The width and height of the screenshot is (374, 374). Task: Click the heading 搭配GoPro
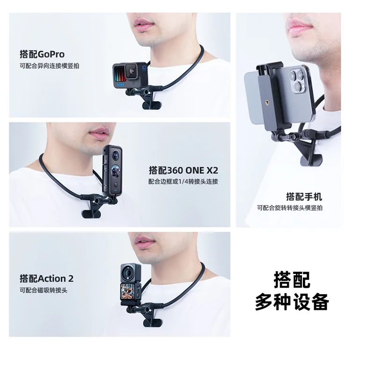pyautogui.click(x=42, y=54)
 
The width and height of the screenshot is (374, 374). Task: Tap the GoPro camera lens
pyautogui.click(x=131, y=70)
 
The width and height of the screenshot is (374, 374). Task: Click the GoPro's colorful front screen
pyautogui.click(x=120, y=74)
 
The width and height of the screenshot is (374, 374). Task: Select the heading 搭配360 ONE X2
pyautogui.click(x=183, y=170)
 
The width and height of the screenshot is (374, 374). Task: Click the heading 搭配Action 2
pyautogui.click(x=46, y=278)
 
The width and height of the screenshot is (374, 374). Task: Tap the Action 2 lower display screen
pyautogui.click(x=129, y=293)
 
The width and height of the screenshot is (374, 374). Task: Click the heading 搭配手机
pyautogui.click(x=304, y=196)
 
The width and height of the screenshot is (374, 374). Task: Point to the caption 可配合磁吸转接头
pyautogui.click(x=43, y=290)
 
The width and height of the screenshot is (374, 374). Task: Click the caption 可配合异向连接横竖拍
pyautogui.click(x=50, y=66)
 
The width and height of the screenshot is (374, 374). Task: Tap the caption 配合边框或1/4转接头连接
pyautogui.click(x=183, y=182)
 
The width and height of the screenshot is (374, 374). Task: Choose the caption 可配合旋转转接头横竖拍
pyautogui.click(x=289, y=208)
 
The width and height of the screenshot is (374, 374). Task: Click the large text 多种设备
pyautogui.click(x=292, y=302)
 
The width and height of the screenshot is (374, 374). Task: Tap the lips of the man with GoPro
pyautogui.click(x=144, y=25)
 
